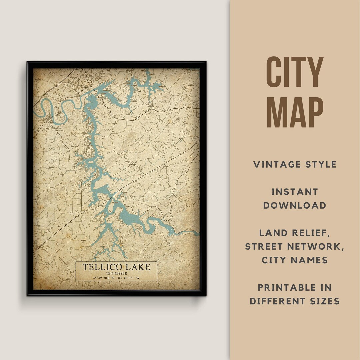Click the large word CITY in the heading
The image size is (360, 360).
(295, 72)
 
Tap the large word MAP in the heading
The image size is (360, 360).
(295, 112)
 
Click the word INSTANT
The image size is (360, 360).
(295, 192)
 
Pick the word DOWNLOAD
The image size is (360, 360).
(295, 205)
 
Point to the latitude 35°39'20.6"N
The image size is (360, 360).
(99, 277)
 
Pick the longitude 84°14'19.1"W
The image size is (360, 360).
(133, 277)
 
